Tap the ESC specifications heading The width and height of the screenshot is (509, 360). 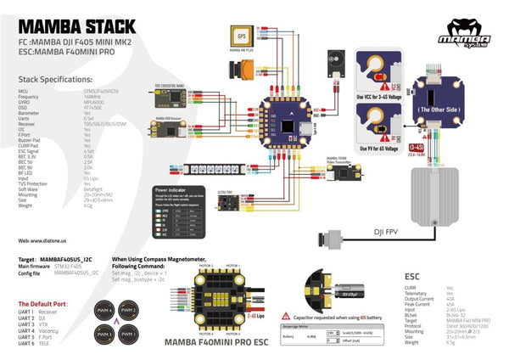point(414,276)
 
